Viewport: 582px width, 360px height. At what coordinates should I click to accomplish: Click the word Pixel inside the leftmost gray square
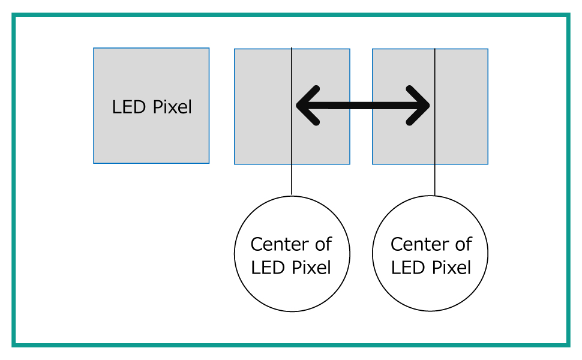pos(173,107)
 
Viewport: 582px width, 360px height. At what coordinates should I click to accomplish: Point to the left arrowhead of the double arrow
pos(306,106)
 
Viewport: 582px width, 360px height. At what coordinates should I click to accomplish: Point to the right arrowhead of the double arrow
pos(420,106)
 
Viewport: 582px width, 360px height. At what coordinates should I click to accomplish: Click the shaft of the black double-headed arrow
pos(363,106)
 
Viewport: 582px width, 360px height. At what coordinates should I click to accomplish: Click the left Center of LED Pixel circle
pos(292,288)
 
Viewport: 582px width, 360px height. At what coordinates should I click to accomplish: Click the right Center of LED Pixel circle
pos(431,288)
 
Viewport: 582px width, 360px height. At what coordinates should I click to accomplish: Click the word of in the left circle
pos(323,245)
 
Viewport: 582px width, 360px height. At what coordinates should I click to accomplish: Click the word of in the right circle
pos(463,245)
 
